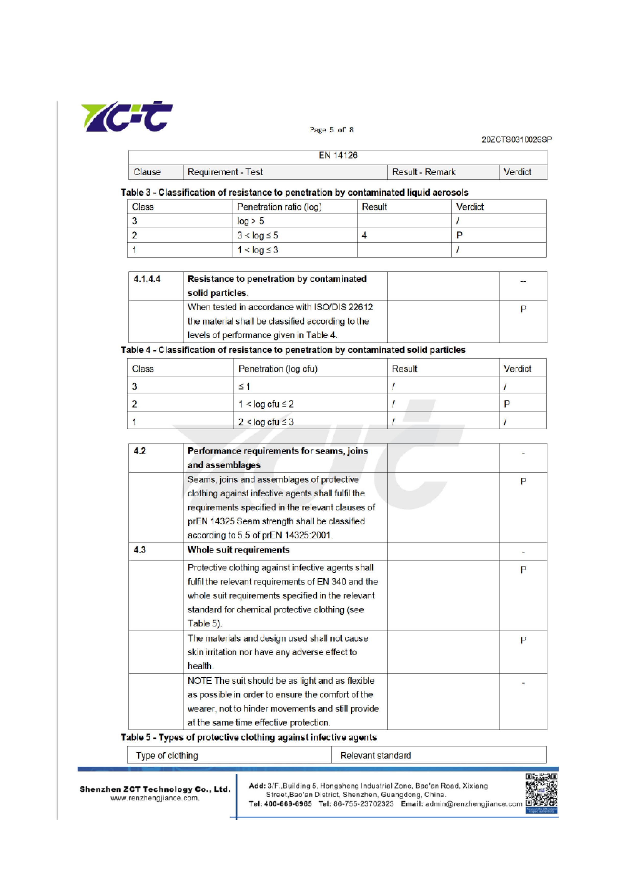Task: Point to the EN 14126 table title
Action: click(338, 156)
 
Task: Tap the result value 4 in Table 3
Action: click(364, 235)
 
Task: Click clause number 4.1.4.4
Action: click(147, 279)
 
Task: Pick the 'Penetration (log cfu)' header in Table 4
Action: click(278, 369)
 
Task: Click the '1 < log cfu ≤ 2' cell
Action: click(266, 404)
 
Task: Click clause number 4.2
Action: click(140, 451)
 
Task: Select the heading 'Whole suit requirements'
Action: click(238, 550)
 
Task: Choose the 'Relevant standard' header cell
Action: click(375, 756)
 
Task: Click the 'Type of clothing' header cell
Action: click(167, 756)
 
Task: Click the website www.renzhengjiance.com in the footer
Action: click(155, 798)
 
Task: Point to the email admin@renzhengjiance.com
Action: click(473, 804)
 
